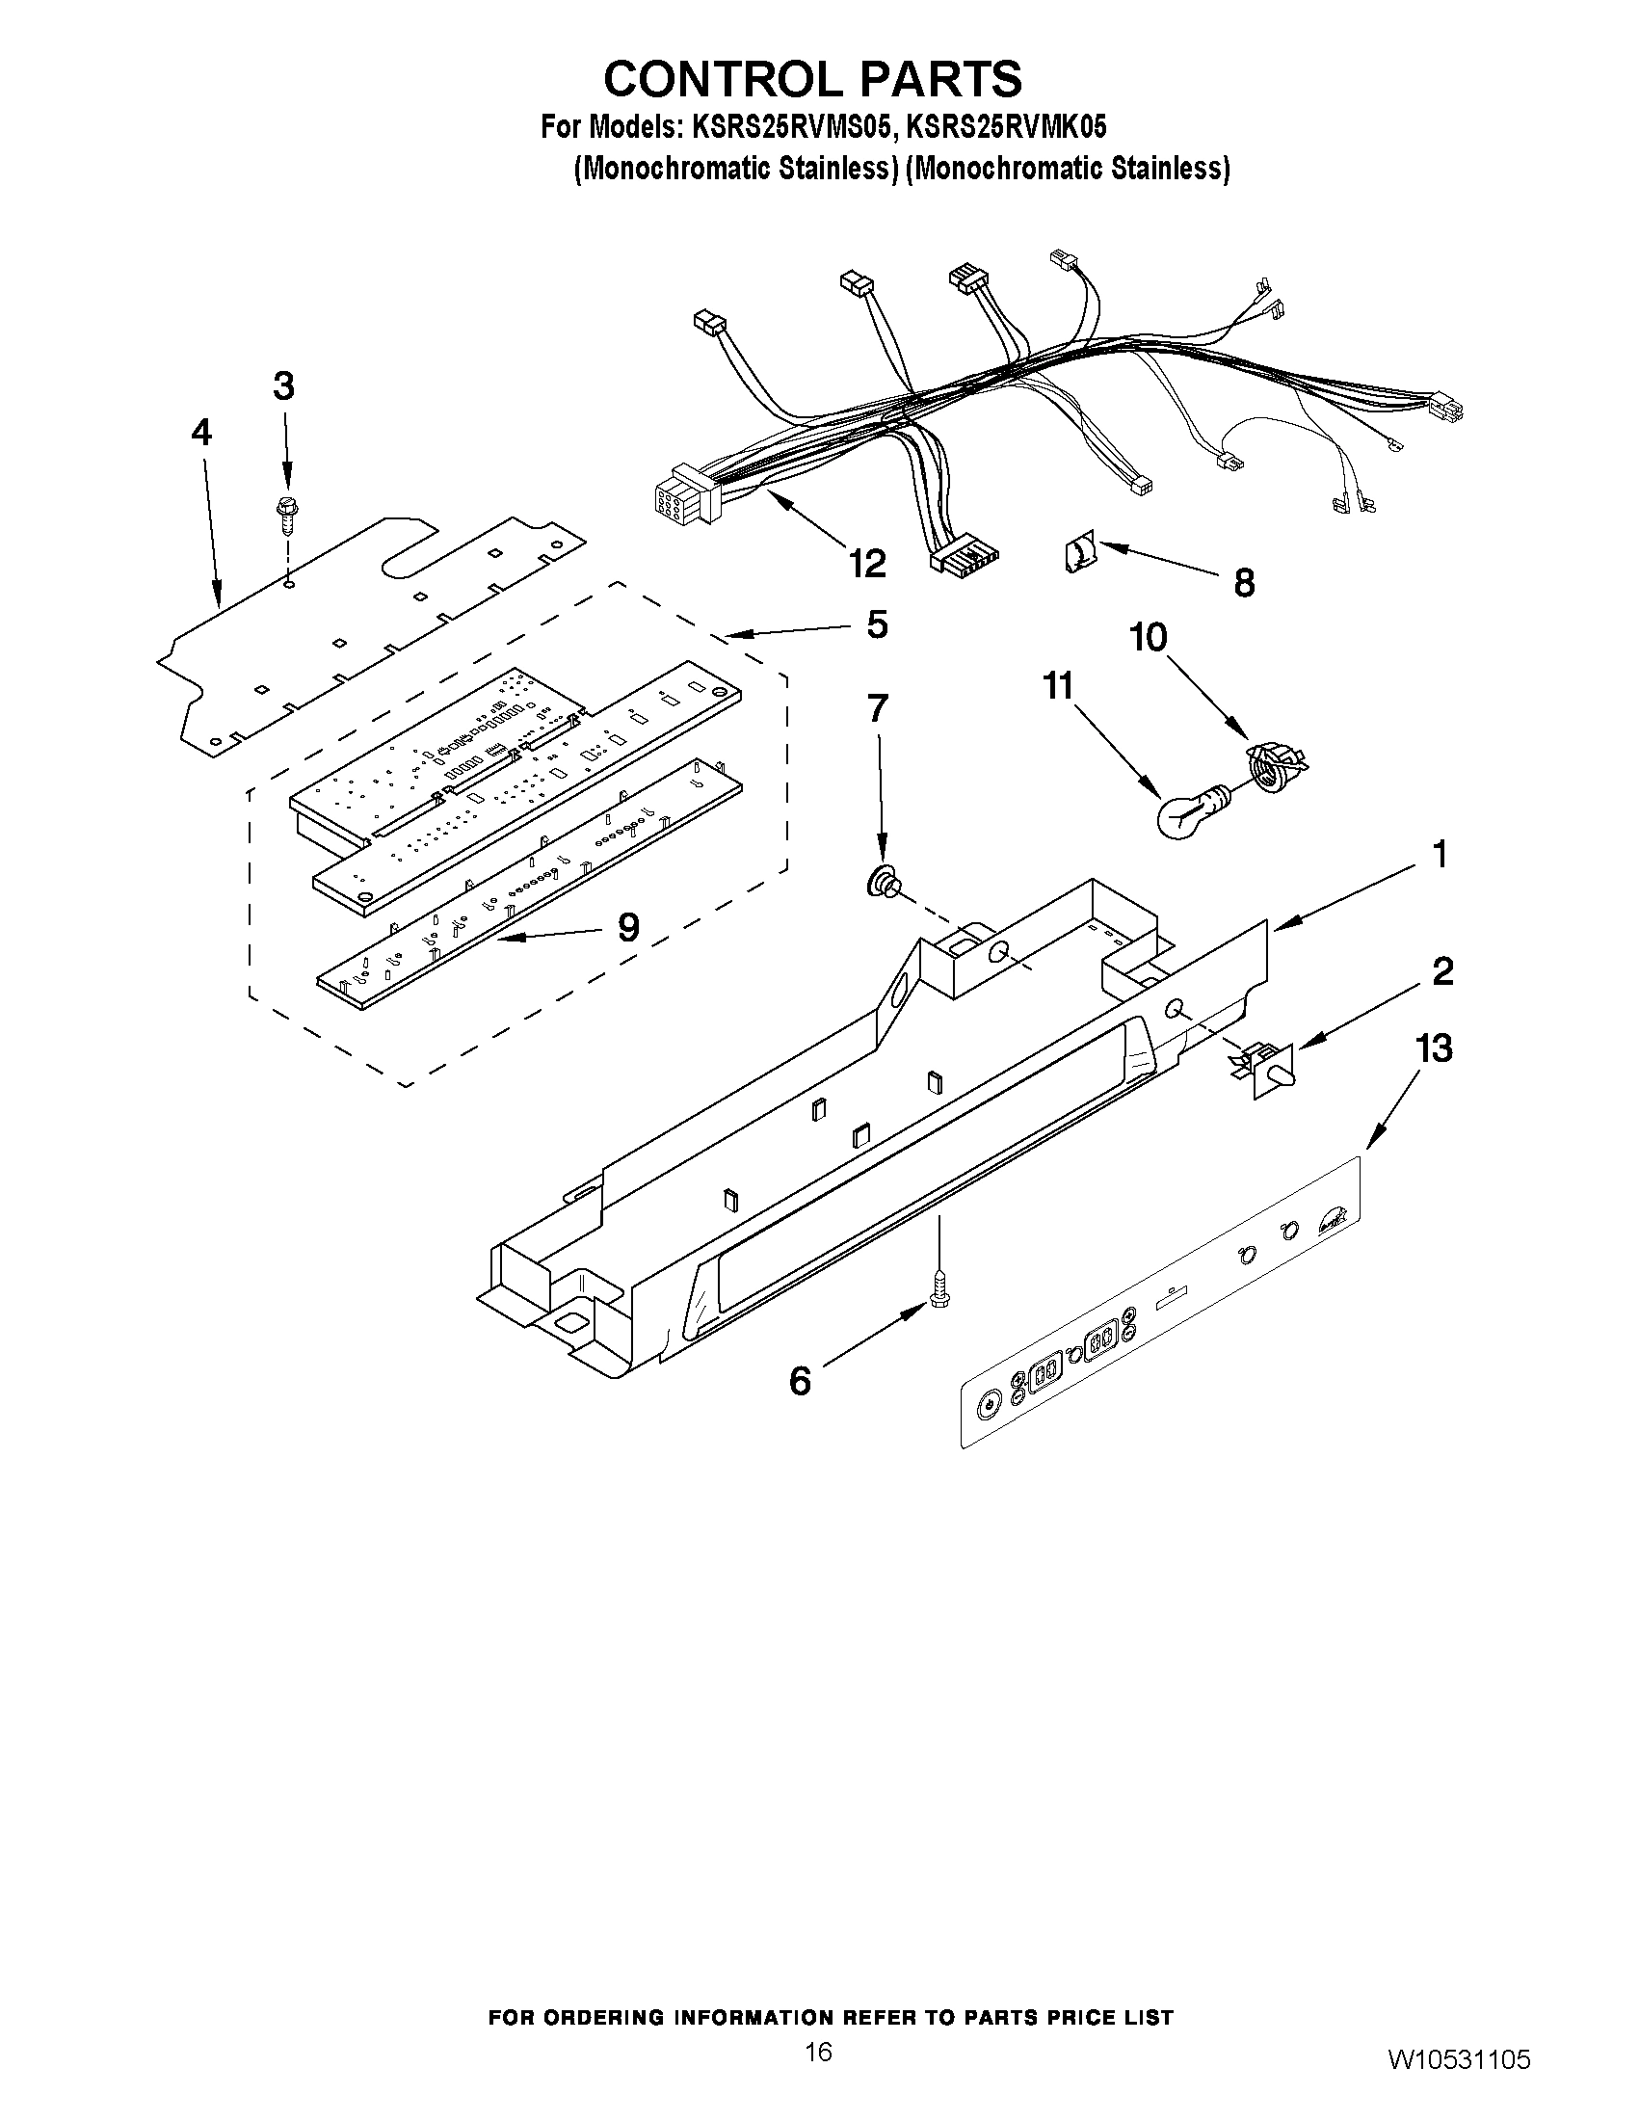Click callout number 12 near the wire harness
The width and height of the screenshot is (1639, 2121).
[x=867, y=563]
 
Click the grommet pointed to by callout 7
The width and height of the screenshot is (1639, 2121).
[x=885, y=883]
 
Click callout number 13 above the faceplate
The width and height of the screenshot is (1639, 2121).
[x=1434, y=1048]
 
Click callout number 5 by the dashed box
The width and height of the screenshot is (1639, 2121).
[x=877, y=624]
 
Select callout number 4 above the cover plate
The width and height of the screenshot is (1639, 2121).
[x=201, y=433]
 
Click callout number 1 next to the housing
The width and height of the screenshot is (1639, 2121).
[x=1440, y=855]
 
